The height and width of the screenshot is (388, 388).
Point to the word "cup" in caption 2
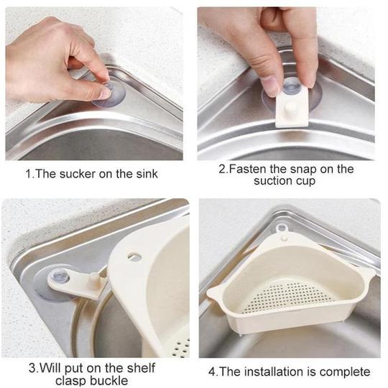[x=305, y=182]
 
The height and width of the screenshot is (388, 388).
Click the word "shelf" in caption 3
[x=141, y=368]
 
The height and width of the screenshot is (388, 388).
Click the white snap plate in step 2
[x=292, y=107]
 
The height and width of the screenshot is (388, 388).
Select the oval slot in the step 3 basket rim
[x=134, y=257]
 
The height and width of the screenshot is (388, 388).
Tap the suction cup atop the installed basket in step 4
[x=282, y=228]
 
